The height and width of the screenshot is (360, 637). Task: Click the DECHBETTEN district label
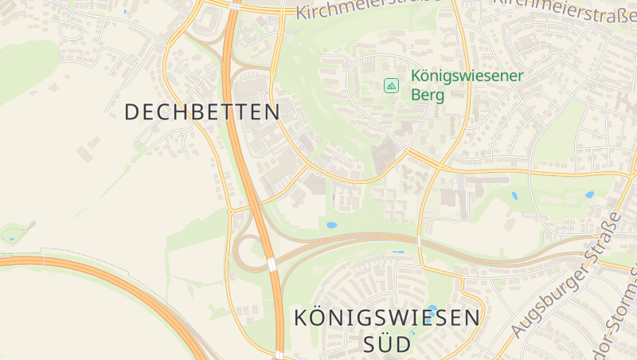pyautogui.click(x=202, y=112)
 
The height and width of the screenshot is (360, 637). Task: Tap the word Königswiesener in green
pyautogui.click(x=467, y=76)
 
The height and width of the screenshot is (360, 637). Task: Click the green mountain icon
pyautogui.click(x=391, y=85)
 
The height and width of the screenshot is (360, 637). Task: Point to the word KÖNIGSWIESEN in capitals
pyautogui.click(x=387, y=318)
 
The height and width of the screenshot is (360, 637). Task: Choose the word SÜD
pyautogui.click(x=387, y=344)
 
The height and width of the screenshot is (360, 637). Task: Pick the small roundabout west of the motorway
pyautogui.click(x=230, y=212)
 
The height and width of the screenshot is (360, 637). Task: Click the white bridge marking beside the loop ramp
pyautogui.click(x=272, y=264)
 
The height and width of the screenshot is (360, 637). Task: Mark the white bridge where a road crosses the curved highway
pyautogui.click(x=419, y=241)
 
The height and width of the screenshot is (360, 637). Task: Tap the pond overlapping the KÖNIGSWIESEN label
pyautogui.click(x=432, y=308)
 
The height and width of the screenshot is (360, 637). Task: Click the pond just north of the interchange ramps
pyautogui.click(x=331, y=225)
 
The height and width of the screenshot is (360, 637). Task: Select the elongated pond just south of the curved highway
pyautogui.click(x=398, y=252)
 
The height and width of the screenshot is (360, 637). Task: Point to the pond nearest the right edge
pyautogui.click(x=590, y=194)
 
